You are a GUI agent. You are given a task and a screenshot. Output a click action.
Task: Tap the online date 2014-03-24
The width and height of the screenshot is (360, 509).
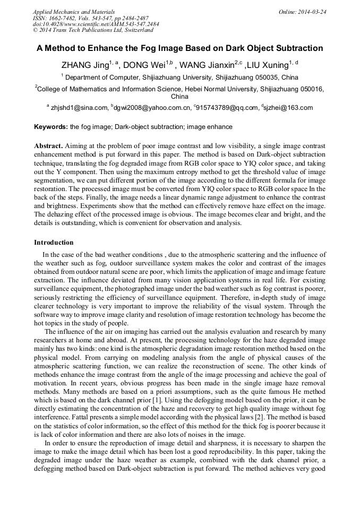[310, 11]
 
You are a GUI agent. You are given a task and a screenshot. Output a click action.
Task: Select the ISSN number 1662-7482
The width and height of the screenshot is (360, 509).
[64, 18]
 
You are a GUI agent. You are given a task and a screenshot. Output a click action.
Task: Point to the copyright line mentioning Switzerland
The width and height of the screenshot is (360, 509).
[93, 30]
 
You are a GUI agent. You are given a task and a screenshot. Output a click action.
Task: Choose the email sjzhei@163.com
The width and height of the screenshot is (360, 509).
[288, 108]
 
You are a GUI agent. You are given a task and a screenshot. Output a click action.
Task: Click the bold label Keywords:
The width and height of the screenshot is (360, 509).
[51, 127]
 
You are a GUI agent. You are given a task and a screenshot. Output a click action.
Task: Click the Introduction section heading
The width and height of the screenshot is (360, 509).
[54, 243]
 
